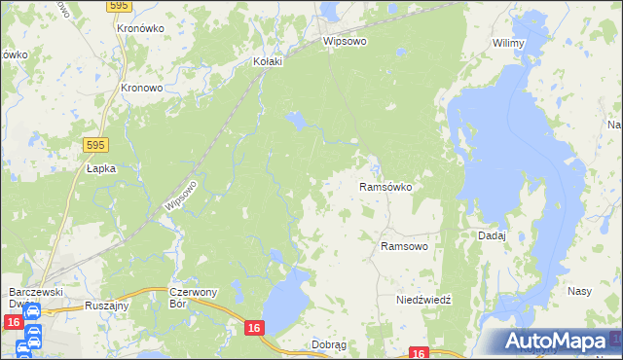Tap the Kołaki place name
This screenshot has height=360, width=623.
(267, 61)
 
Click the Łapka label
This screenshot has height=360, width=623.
(100, 168)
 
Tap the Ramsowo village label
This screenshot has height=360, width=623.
(404, 246)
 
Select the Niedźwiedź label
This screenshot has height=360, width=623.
(423, 300)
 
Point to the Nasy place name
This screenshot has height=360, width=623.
(580, 291)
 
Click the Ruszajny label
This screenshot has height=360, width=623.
(107, 304)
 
